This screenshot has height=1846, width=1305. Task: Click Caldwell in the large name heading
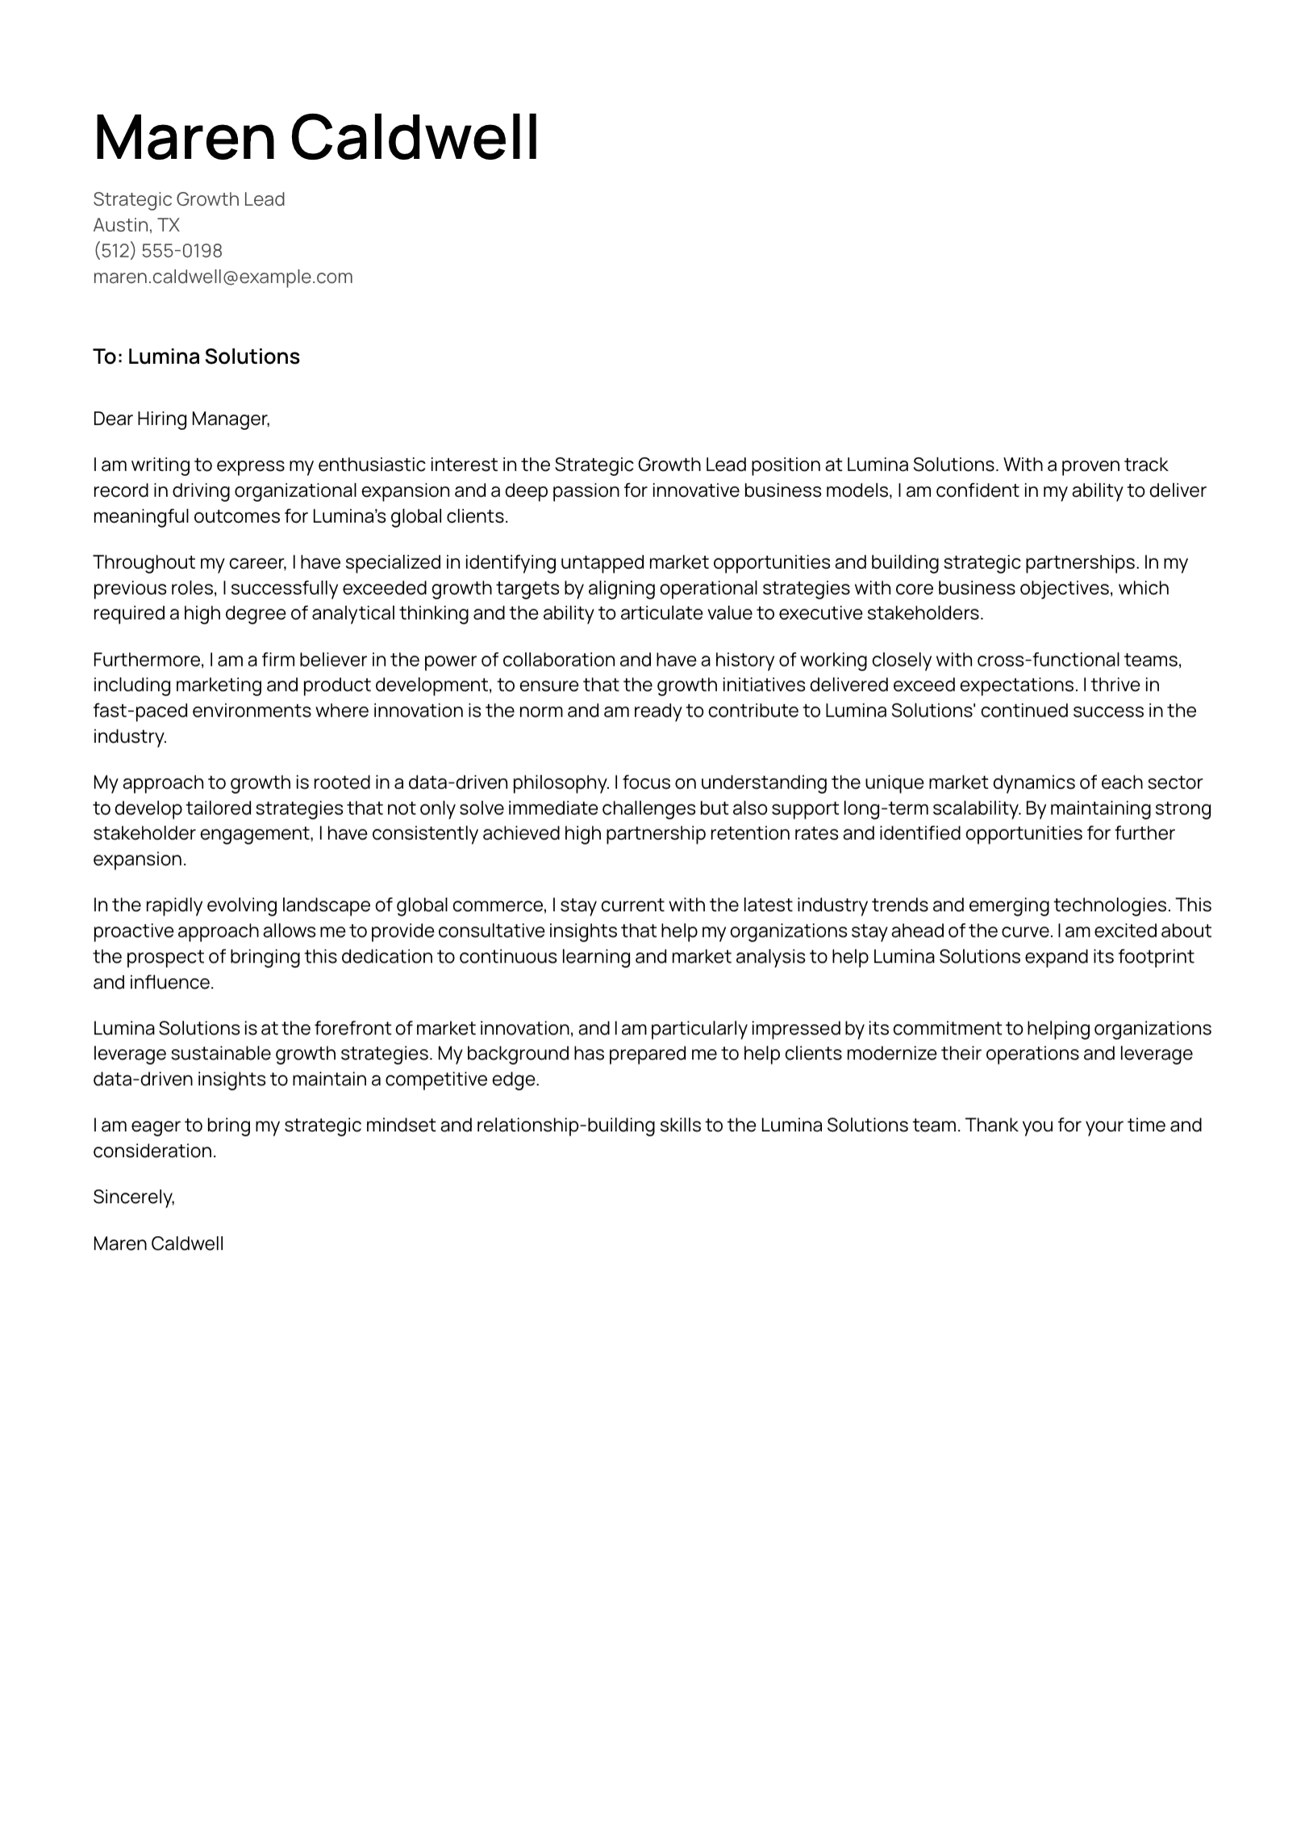tap(414, 137)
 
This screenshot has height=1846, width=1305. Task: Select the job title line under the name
tap(189, 199)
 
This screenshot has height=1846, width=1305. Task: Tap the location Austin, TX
tap(136, 225)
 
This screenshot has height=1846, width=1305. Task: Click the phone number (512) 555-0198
tap(157, 251)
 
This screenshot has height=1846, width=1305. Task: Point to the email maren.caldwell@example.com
tap(223, 277)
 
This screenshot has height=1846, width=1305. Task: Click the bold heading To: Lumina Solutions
tap(196, 357)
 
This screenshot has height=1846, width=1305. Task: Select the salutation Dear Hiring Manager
tap(181, 419)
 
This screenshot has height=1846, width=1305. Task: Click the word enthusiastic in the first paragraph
tap(371, 465)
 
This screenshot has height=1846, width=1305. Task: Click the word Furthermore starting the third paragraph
tap(148, 660)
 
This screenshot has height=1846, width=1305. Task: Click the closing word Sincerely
tap(132, 1197)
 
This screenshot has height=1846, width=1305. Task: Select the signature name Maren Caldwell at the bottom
tap(158, 1243)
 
